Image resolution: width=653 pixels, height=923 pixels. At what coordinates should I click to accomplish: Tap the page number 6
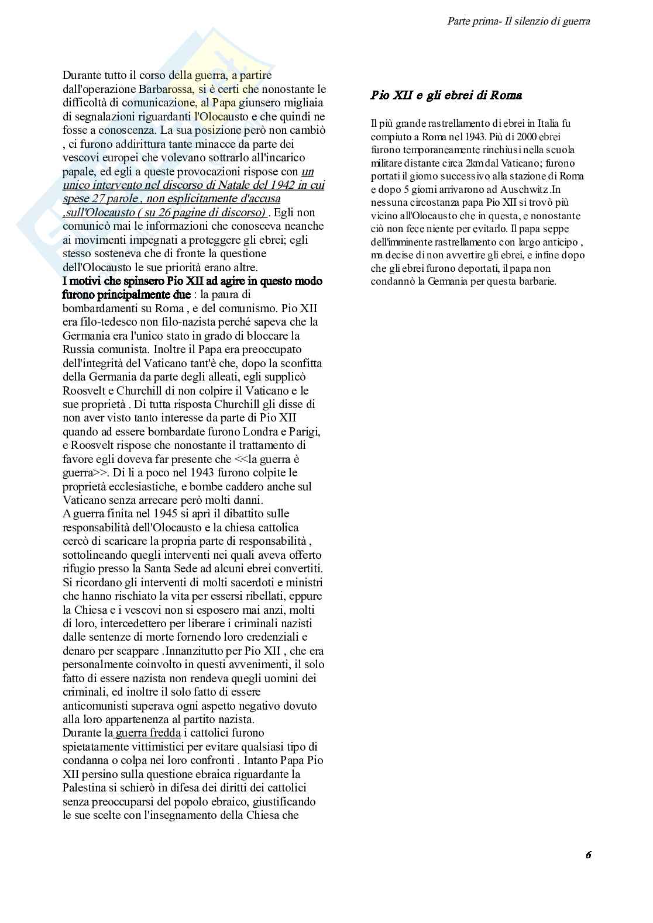pyautogui.click(x=588, y=855)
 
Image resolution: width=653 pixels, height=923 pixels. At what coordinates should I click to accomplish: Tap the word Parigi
pyautogui.click(x=305, y=431)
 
